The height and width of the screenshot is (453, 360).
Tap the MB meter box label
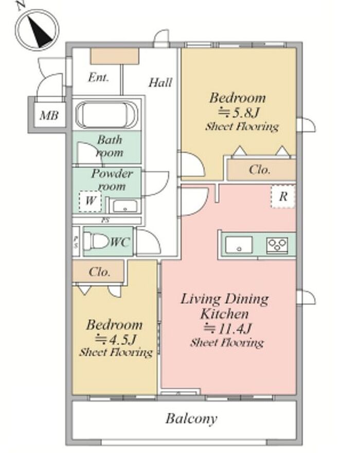pos(49,116)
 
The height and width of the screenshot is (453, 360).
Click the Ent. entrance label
pos(99,78)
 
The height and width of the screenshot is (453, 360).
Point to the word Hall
pos(160,83)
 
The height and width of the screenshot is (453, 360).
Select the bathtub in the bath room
pos(106,115)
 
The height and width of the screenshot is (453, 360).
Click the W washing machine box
pos(91,202)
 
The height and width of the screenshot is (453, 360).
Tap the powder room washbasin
pos(125,206)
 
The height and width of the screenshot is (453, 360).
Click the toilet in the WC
pos(96,241)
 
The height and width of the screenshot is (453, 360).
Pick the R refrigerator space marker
pos(283,196)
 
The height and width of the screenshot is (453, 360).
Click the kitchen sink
pos(239,245)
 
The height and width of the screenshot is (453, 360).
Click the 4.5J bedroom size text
pos(116,339)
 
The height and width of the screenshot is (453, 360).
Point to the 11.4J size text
pos(228,328)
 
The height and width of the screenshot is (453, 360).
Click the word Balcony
pos(191,419)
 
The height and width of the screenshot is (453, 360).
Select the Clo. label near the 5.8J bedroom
pos(260,170)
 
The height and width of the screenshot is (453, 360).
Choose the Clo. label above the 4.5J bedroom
pos(99,272)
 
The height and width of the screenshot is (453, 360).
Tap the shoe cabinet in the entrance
pos(115,56)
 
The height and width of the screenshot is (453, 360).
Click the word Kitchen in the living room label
pos(225,314)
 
